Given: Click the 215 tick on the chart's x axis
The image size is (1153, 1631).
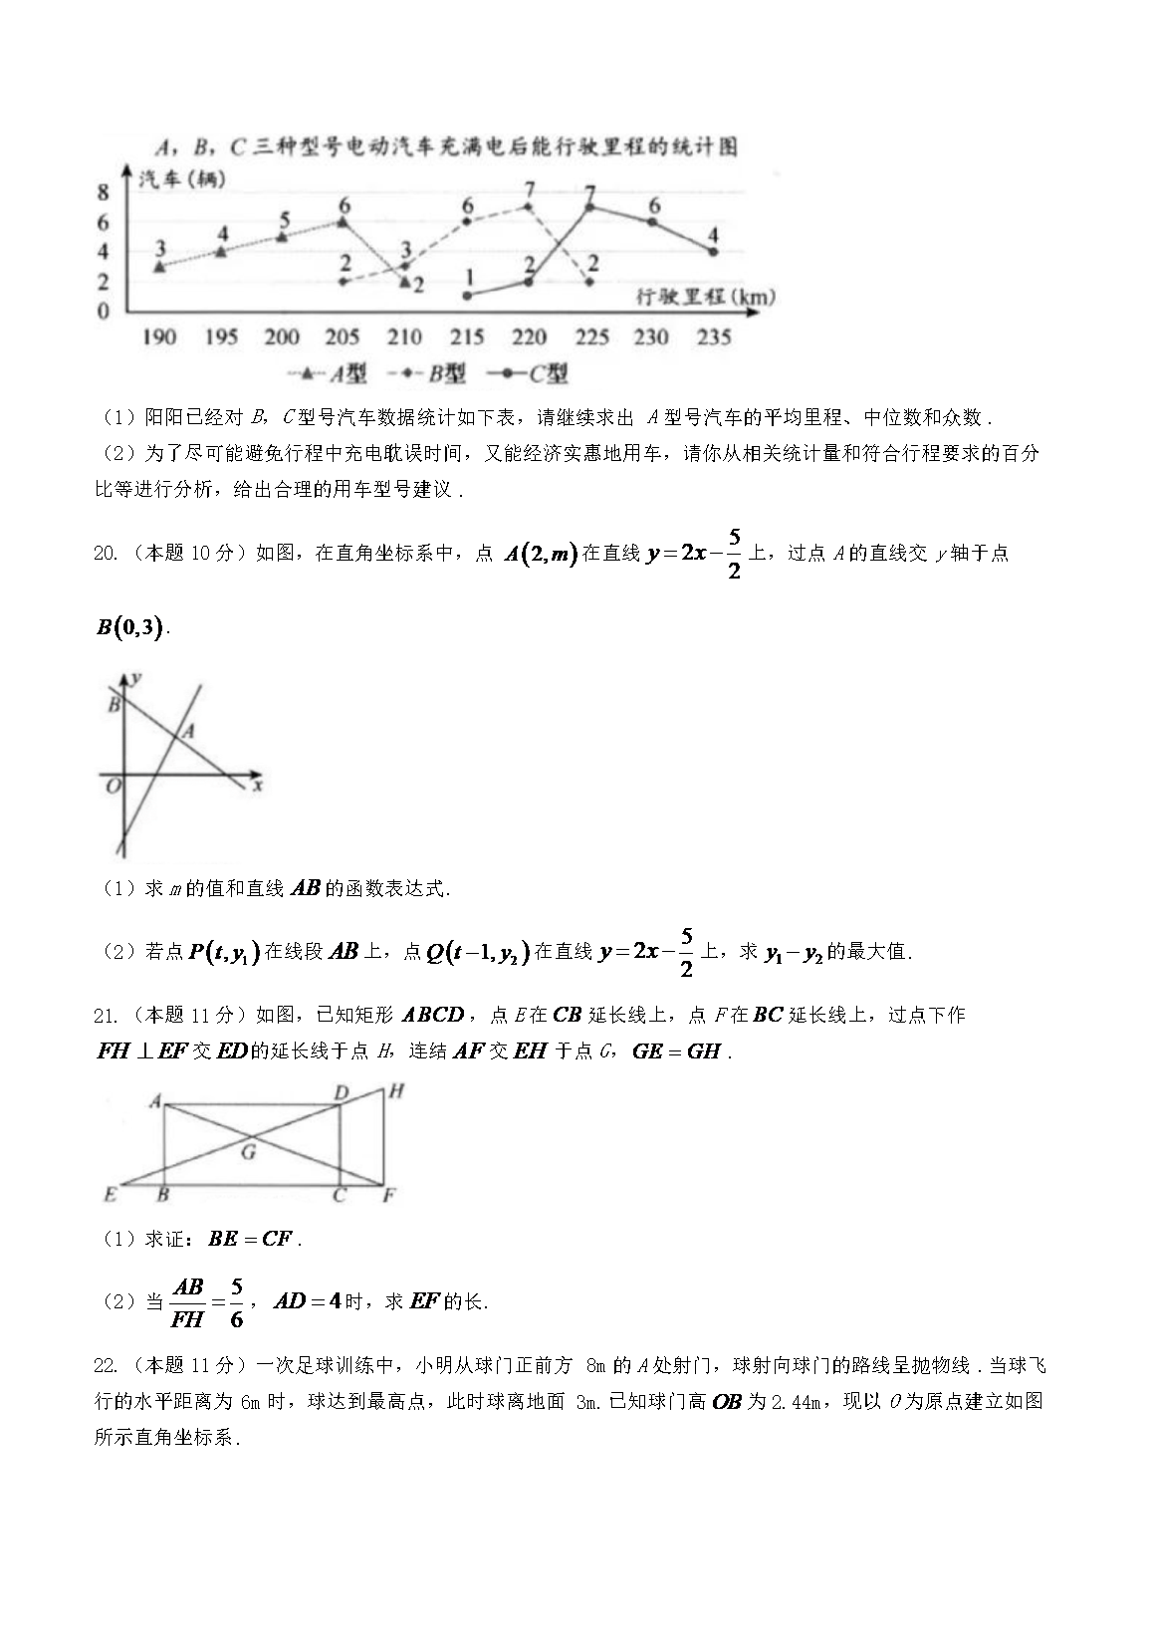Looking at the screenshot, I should click(466, 338).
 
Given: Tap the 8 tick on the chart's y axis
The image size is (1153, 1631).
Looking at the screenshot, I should click(103, 193).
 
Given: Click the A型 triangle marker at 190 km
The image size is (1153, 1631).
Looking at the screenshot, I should click(159, 266).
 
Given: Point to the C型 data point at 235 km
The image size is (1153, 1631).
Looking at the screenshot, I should click(713, 251).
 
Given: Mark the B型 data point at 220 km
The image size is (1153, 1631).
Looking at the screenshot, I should click(529, 207).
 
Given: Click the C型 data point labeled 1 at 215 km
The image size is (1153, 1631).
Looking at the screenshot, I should click(467, 295).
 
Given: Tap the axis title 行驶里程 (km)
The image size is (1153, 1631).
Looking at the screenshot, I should click(704, 297).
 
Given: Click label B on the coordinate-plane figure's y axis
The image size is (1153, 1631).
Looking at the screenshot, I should click(114, 704).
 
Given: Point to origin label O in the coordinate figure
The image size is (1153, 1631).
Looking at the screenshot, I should click(113, 787).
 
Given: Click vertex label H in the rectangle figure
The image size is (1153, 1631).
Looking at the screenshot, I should click(395, 1091).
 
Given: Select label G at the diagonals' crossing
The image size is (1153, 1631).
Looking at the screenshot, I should click(248, 1153).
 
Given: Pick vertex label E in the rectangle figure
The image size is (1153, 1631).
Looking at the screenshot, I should click(110, 1194).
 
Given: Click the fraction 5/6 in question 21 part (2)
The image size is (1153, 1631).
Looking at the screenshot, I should click(236, 1302).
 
